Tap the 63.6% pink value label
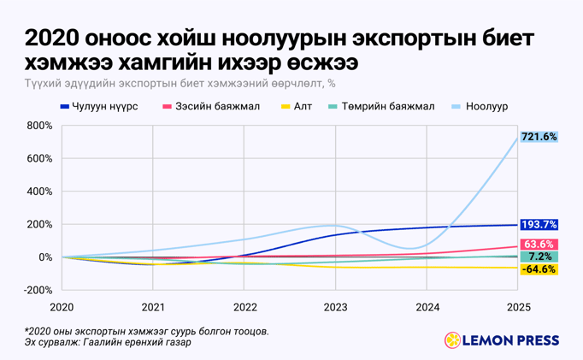click(540, 244)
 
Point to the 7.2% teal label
click(540, 257)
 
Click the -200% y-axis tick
click(39, 290)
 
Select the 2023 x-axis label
click(335, 306)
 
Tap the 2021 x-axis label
click(153, 306)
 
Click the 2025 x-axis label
click(517, 306)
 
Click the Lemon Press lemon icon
click(452, 340)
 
